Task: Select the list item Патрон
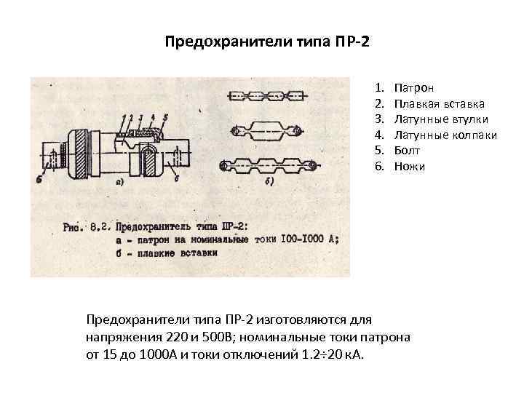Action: pyautogui.click(x=414, y=87)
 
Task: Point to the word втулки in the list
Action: pyautogui.click(x=471, y=119)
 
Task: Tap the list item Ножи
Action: pyautogui.click(x=410, y=167)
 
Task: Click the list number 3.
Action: pyautogui.click(x=379, y=119)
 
